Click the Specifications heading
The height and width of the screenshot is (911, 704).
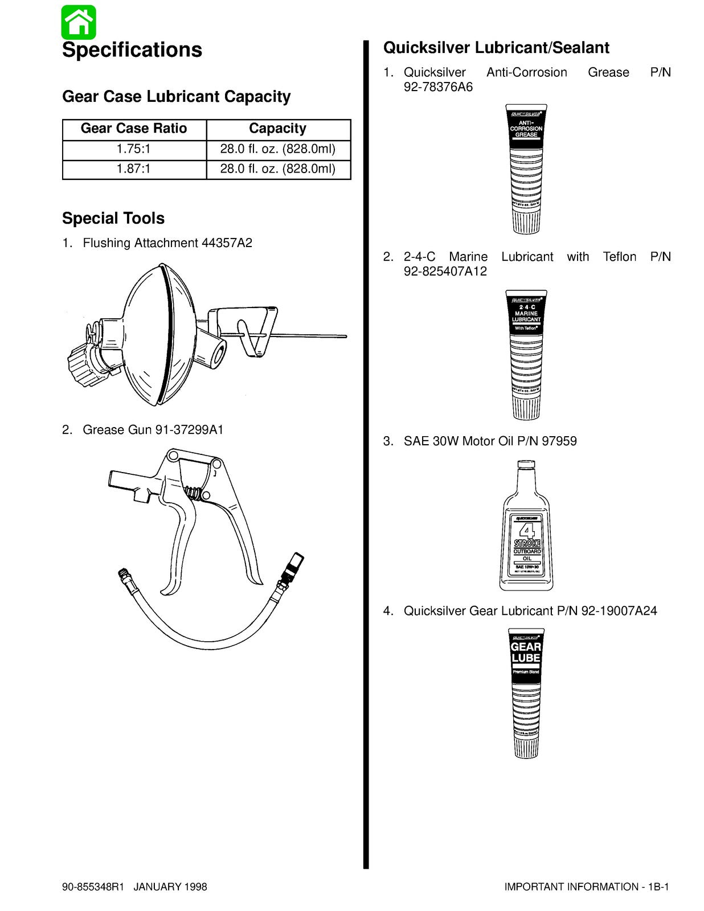click(x=132, y=50)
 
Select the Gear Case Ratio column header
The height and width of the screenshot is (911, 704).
click(x=134, y=129)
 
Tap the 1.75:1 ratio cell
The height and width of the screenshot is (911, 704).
click(x=134, y=149)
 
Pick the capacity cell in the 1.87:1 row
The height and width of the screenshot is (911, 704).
click(x=278, y=169)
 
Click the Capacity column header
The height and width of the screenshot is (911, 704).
click(x=278, y=129)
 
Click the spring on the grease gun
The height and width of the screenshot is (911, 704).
click(x=195, y=491)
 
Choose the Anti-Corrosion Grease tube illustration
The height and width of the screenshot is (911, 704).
click(x=526, y=169)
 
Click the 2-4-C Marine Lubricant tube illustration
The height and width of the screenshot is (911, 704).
click(x=526, y=354)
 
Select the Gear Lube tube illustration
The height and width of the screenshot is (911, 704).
click(x=526, y=693)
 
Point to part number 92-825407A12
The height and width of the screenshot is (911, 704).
click(x=445, y=272)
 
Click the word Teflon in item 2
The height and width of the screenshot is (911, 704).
click(x=619, y=257)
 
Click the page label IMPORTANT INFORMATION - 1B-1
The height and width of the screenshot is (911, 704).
click(x=586, y=887)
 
